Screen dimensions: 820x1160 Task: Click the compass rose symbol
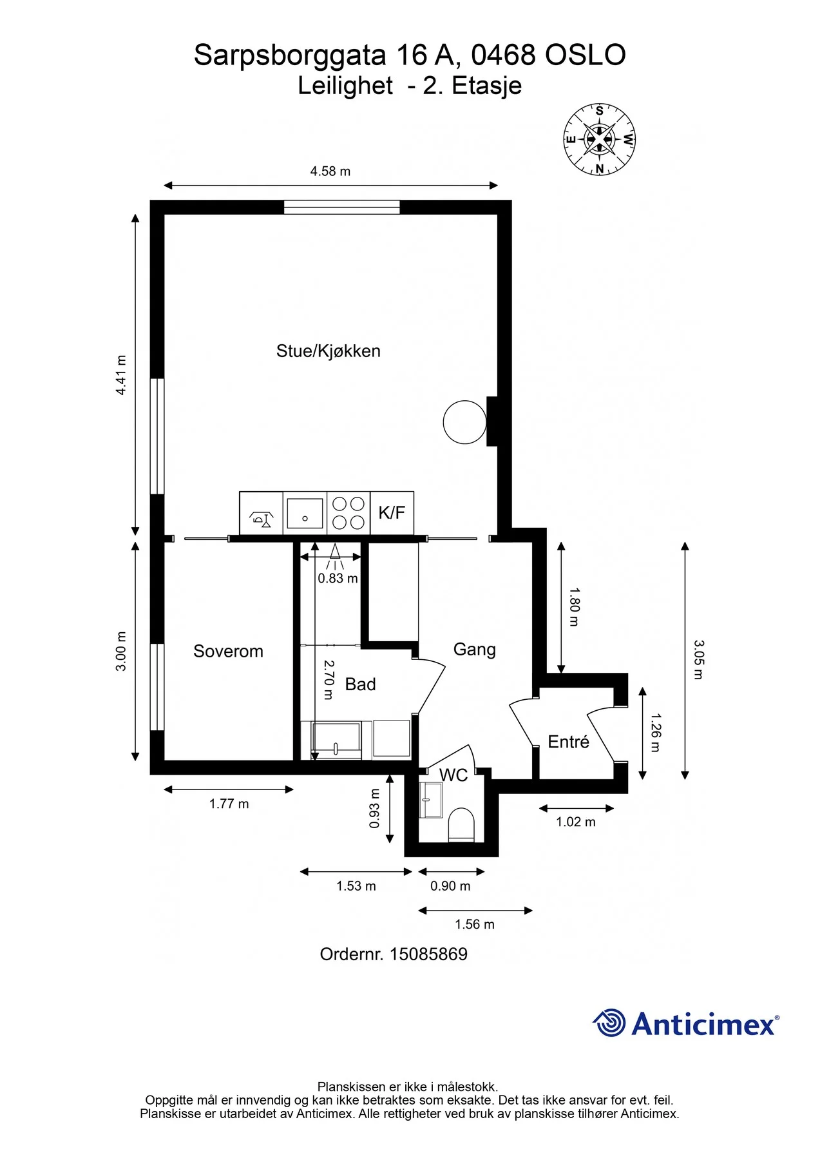pyautogui.click(x=599, y=139)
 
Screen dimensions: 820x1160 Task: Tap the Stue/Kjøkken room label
pyautogui.click(x=329, y=351)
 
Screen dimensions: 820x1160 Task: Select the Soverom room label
pyautogui.click(x=228, y=652)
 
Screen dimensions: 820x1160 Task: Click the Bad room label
pyautogui.click(x=360, y=684)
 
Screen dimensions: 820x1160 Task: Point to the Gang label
pyautogui.click(x=475, y=650)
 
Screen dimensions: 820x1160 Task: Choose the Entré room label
pyautogui.click(x=568, y=742)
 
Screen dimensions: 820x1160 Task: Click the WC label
pyautogui.click(x=453, y=775)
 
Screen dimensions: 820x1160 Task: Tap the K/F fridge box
pyautogui.click(x=392, y=513)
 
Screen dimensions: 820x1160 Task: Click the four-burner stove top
pyautogui.click(x=348, y=513)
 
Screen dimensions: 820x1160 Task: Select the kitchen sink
pyautogui.click(x=305, y=513)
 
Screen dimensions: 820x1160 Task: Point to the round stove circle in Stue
pyautogui.click(x=464, y=422)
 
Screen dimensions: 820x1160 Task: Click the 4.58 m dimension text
pyautogui.click(x=330, y=171)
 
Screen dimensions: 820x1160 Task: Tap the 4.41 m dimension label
pyautogui.click(x=121, y=374)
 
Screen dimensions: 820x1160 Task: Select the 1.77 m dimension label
pyautogui.click(x=229, y=804)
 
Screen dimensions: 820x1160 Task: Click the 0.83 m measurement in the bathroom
pyautogui.click(x=338, y=579)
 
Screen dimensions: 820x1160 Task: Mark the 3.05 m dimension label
pyautogui.click(x=699, y=660)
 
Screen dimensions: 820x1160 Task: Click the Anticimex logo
pyautogui.click(x=685, y=1023)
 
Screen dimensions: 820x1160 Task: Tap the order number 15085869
pyautogui.click(x=428, y=954)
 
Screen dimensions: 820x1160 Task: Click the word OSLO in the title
pyautogui.click(x=586, y=55)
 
